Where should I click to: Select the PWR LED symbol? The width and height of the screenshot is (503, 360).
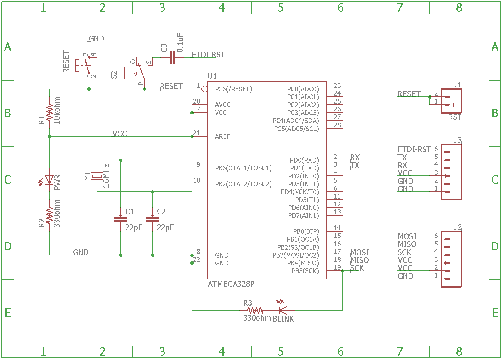49,180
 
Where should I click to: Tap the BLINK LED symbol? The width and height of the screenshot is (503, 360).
283,310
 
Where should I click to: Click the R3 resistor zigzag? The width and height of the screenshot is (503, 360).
256,310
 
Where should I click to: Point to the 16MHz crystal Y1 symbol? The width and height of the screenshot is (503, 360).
97,176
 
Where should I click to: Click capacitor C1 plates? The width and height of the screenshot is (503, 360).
121,220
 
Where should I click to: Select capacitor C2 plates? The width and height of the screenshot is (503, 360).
152,220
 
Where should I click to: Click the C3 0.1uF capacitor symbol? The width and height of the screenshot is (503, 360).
172,57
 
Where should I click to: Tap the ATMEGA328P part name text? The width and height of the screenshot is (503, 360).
231,284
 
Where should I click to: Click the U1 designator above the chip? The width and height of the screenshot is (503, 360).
212,76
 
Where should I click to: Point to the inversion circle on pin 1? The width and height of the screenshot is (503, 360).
205,89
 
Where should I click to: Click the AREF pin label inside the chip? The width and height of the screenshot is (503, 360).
222,137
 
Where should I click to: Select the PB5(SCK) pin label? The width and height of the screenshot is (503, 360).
305,271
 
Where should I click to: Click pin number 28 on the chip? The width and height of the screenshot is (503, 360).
337,125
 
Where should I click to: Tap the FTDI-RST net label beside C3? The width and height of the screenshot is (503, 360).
208,55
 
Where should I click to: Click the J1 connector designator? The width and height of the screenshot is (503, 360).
457,85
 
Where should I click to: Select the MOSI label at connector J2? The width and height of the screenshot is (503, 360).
407,236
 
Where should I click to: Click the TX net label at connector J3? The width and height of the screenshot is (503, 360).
402,157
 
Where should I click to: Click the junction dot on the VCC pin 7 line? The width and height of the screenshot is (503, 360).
192,113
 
